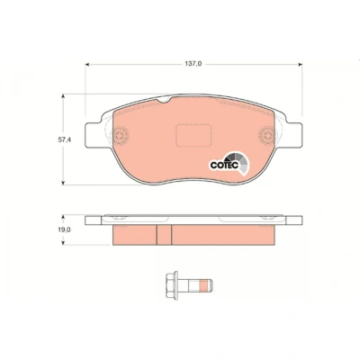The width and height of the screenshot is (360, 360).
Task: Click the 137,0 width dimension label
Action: pyautogui.click(x=193, y=64)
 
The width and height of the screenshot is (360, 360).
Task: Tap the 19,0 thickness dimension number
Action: pyautogui.click(x=64, y=229)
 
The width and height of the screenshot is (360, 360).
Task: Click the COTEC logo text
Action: pyautogui.click(x=224, y=166)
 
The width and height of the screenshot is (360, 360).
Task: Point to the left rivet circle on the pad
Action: pyautogui.click(x=119, y=135)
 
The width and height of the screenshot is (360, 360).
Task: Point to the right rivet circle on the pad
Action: pyautogui.click(x=267, y=135)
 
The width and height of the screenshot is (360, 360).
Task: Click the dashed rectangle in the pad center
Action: pyautogui.click(x=193, y=136)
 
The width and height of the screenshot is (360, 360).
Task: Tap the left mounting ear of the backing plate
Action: pyautogui.click(x=94, y=135)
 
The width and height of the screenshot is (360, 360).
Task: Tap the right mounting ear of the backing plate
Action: pyautogui.click(x=293, y=135)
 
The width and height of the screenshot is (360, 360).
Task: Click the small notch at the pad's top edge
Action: pyautogui.click(x=165, y=100)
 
